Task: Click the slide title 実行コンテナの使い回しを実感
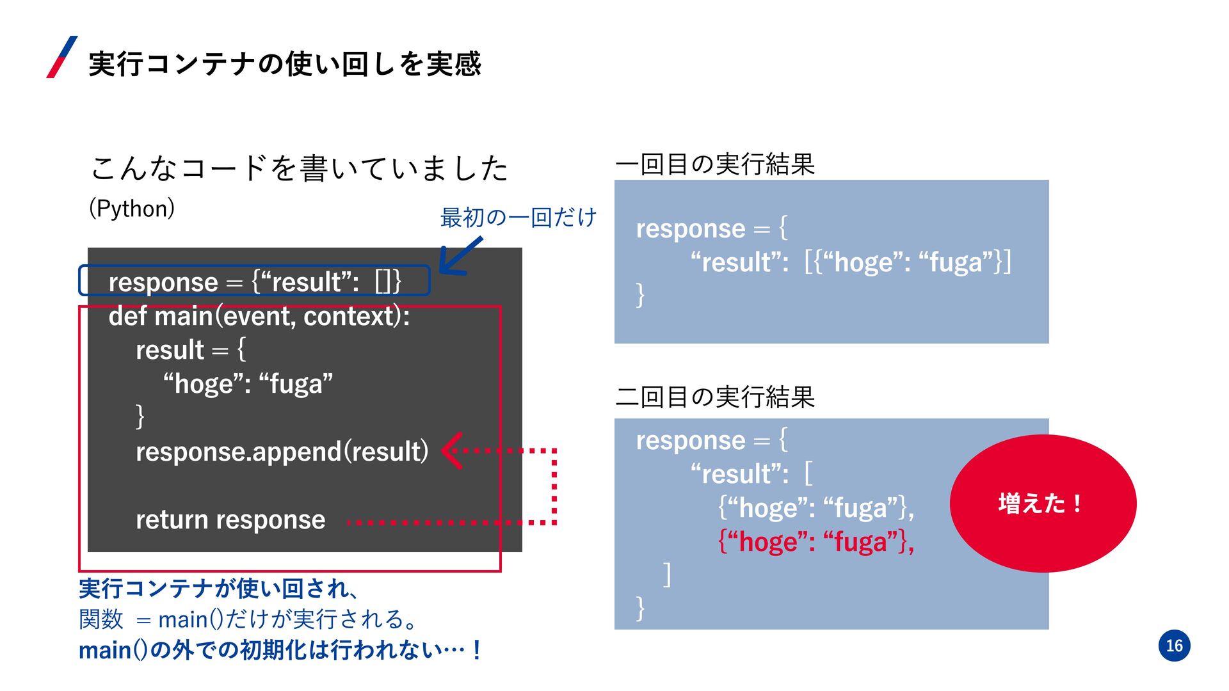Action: coord(285,64)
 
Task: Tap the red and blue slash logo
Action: coord(62,58)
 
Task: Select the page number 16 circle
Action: coord(1174,645)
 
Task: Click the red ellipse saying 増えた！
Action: coord(1042,504)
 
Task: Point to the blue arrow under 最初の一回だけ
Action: coord(459,257)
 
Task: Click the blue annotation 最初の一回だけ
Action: coord(518,218)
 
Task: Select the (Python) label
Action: coord(132,209)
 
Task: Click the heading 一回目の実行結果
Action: coord(714,164)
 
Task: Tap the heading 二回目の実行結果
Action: coord(714,397)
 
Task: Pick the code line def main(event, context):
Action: coord(259,316)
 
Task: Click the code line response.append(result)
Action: coord(282,452)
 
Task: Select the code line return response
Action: coord(230,520)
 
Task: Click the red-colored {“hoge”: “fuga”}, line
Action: coord(815,542)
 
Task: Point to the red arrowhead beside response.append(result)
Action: coord(453,451)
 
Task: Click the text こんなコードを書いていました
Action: coord(299,168)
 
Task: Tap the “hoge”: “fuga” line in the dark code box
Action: coord(248,384)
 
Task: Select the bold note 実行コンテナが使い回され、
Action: coord(218,588)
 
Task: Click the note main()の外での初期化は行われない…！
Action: coord(280,650)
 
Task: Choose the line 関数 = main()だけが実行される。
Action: coord(248,619)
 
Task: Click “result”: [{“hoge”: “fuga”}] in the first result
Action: coord(851,262)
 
